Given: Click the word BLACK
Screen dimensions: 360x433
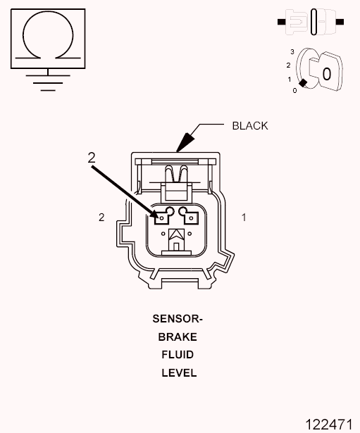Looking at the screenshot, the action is coord(250,126).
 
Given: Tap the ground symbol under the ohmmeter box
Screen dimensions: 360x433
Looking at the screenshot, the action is coord(48,82).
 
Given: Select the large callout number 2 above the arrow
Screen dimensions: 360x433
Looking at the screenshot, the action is coord(92,158).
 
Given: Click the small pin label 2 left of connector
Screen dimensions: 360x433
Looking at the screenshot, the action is coord(101,218).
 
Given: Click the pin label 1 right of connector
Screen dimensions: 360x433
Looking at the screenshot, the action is coord(244,218).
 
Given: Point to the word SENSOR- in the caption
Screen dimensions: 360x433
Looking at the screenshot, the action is coord(178,319).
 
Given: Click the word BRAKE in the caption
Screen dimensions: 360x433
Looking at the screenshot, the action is coord(178,337).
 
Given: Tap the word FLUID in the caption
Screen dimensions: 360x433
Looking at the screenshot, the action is coord(178,355).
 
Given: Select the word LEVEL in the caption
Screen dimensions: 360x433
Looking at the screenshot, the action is coord(179,372).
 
